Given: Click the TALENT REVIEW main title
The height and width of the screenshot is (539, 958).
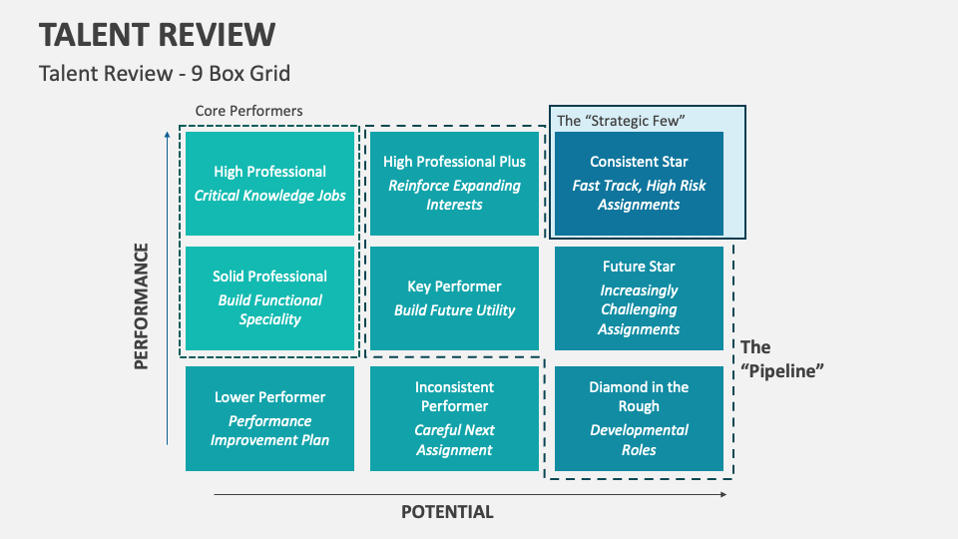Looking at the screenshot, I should pos(158,34).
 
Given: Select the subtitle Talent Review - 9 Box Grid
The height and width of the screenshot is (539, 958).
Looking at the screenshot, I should pos(165,74).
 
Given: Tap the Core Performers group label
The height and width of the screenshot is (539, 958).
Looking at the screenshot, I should pos(248,111).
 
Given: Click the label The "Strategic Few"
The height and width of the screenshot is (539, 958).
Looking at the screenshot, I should pos(621,121).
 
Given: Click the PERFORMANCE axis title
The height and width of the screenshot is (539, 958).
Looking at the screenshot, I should pos(142,305).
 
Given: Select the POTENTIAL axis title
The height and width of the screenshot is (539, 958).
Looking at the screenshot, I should pos(447,512).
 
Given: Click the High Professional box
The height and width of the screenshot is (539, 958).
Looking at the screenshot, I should pos(269,184).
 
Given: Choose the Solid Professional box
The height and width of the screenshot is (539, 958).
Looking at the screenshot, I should pos(269,298).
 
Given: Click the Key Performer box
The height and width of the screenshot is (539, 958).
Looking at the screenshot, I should pos(454,298).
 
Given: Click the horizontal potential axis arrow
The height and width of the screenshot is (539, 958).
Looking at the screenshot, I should pos(469,493).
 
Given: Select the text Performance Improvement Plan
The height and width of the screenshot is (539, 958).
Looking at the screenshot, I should pos(269,430).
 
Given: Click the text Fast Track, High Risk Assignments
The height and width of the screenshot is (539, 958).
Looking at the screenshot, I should pos(639,195).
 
